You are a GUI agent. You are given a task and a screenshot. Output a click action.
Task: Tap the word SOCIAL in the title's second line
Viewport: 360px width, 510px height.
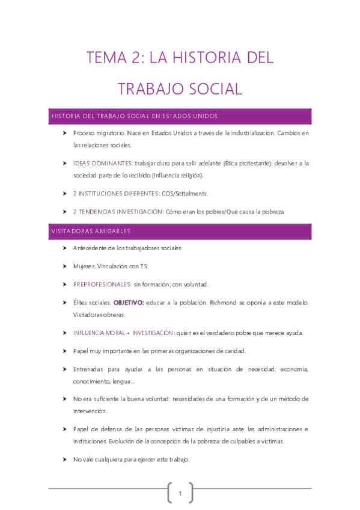[x=213, y=89]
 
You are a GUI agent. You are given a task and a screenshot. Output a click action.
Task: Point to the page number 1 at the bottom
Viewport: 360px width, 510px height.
[x=180, y=494]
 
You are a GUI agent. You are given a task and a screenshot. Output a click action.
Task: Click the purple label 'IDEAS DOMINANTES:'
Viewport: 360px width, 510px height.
[x=103, y=163]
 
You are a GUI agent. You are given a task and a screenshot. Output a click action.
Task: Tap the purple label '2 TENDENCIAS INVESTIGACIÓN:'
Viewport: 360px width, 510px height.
[x=118, y=212]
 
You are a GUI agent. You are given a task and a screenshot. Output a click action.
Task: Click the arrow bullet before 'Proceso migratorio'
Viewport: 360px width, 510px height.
[x=64, y=132]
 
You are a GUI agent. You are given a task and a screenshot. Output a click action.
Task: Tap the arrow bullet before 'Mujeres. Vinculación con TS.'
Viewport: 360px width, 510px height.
[x=64, y=266]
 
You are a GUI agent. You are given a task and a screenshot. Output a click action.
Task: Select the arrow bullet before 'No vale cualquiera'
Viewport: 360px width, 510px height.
[x=64, y=459]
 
